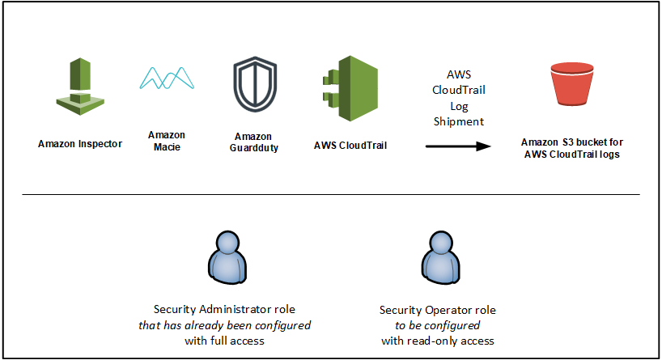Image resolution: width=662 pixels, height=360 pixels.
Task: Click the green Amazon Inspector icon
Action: [x=80, y=87]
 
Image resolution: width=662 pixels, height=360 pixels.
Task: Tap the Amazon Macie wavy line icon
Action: [x=167, y=78]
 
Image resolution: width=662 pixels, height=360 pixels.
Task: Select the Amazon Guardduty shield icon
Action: [x=255, y=84]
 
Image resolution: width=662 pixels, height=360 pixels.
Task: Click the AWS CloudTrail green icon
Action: [x=350, y=88]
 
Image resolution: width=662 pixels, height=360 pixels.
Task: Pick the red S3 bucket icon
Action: [x=572, y=83]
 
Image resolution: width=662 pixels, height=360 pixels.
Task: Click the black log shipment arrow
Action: [x=458, y=146]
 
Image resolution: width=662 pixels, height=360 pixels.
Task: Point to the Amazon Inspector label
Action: [x=80, y=144]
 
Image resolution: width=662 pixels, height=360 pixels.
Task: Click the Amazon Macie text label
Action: [x=167, y=141]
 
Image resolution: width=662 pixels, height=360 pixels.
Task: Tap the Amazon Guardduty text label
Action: [x=254, y=142]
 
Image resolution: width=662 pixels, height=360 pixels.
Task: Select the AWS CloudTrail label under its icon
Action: [x=350, y=146]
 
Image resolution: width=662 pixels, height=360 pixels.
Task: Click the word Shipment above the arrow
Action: [x=459, y=121]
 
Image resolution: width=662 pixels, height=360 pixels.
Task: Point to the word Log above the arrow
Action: [x=459, y=106]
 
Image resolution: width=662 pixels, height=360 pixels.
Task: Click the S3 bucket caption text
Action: [x=572, y=148]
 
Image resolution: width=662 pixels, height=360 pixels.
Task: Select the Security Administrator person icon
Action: [x=227, y=257]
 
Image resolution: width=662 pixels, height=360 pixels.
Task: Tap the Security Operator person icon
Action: [x=441, y=257]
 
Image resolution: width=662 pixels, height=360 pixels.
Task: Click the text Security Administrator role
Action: [x=224, y=309]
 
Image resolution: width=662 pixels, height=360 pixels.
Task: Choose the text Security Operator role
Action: [x=437, y=310]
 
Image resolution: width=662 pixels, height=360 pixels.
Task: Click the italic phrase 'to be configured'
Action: [x=437, y=325]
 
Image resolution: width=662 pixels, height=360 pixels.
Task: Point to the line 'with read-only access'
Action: [x=437, y=341]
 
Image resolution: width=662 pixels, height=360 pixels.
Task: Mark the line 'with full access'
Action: [x=224, y=341]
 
